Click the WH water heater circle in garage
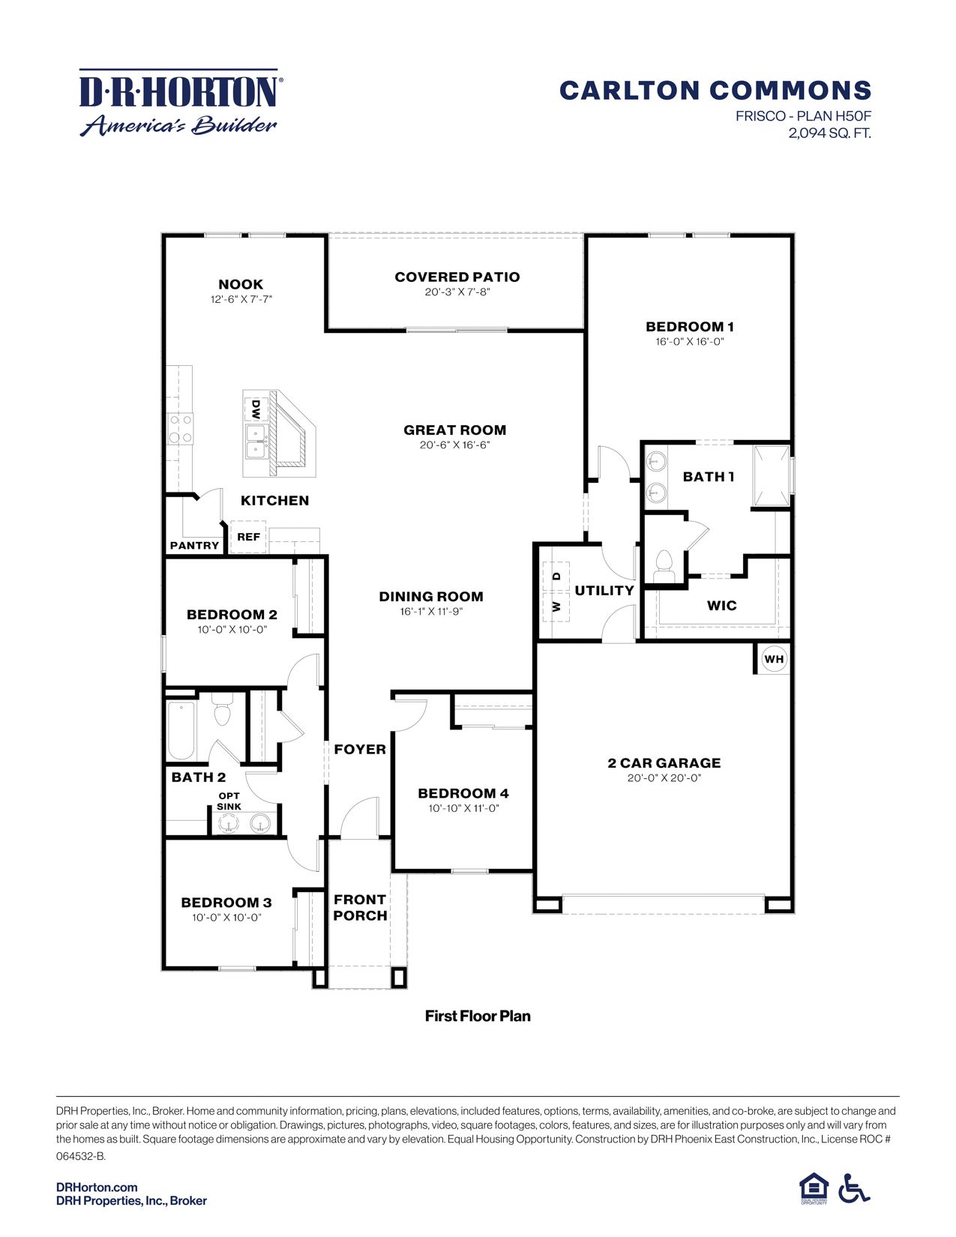(774, 659)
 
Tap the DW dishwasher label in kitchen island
(256, 409)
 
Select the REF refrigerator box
(248, 537)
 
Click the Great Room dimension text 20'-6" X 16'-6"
(454, 445)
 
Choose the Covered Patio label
(457, 277)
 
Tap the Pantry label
(194, 545)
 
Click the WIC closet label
(721, 605)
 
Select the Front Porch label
(360, 907)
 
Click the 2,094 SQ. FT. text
(829, 133)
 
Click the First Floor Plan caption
(478, 1016)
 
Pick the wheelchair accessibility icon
(853, 1188)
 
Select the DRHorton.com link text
(97, 1187)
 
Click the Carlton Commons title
(715, 91)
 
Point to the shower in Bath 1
(771, 476)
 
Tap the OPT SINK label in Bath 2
(229, 801)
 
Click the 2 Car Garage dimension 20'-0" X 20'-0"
(664, 778)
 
